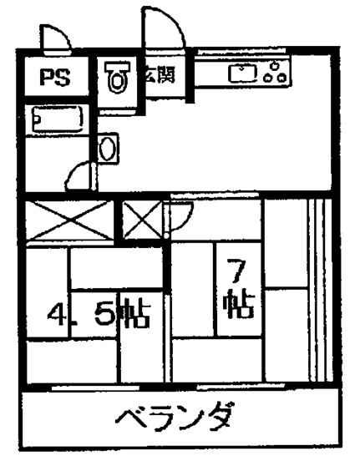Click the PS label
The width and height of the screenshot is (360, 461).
coord(56,78)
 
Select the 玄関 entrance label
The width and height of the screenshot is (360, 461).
coord(160,74)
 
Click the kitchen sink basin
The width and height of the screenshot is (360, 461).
coord(243,73)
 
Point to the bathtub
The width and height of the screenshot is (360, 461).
coord(58,119)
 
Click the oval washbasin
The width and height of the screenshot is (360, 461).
coord(108,148)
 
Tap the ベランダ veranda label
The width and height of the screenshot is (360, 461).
coord(176,417)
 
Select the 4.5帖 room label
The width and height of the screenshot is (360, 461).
coord(99,313)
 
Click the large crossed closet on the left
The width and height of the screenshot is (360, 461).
coord(69,220)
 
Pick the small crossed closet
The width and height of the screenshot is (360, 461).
coord(142,220)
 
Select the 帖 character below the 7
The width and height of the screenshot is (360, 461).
coord(239,304)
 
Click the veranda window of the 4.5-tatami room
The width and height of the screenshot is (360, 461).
coord(95,388)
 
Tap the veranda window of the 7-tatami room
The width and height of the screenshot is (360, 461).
coord(241,386)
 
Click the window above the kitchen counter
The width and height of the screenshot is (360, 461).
coord(241,52)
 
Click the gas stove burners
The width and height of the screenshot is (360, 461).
coord(276,72)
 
